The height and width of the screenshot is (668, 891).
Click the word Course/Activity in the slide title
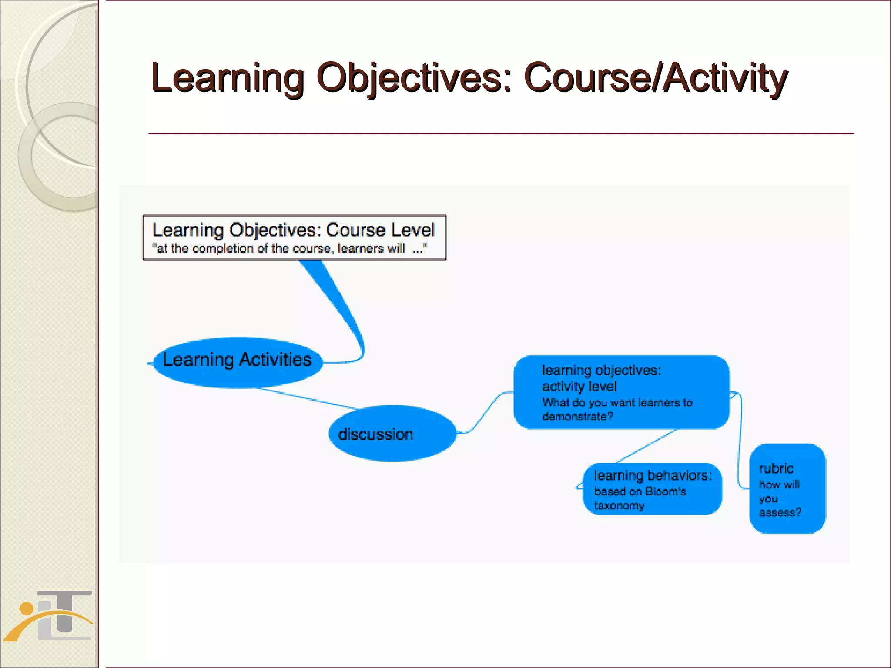[656, 78]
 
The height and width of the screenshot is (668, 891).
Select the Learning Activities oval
[238, 362]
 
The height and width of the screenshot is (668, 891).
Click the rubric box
[787, 489]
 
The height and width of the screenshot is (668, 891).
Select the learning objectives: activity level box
[621, 392]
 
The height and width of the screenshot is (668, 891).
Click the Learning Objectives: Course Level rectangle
[294, 237]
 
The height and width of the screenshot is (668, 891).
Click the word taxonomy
[619, 506]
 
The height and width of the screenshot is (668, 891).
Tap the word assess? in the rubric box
[780, 513]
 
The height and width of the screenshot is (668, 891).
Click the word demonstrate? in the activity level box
[577, 417]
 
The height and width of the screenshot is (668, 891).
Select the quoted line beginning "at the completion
[289, 249]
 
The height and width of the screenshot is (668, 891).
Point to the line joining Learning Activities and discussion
[309, 399]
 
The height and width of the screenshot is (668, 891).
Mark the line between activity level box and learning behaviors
[647, 446]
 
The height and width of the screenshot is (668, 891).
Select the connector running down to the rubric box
[740, 439]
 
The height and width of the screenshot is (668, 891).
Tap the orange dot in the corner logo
[27, 608]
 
